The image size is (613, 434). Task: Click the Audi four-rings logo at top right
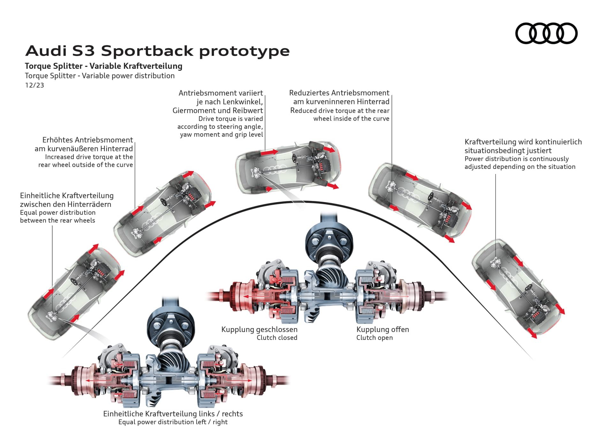pyautogui.click(x=546, y=33)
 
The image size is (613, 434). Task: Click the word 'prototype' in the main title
pyautogui.click(x=244, y=51)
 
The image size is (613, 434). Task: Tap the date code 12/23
pyautogui.click(x=34, y=85)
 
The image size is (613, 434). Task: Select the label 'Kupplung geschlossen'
pyautogui.click(x=259, y=329)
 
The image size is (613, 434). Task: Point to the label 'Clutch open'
pyautogui.click(x=375, y=338)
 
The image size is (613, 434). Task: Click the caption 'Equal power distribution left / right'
pyautogui.click(x=173, y=422)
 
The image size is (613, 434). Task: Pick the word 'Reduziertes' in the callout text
pyautogui.click(x=309, y=93)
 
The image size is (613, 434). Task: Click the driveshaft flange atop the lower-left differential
pyautogui.click(x=170, y=327)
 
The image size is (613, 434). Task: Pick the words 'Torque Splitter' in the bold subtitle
pyautogui.click(x=54, y=66)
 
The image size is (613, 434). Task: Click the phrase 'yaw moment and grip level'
pyautogui.click(x=222, y=135)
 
